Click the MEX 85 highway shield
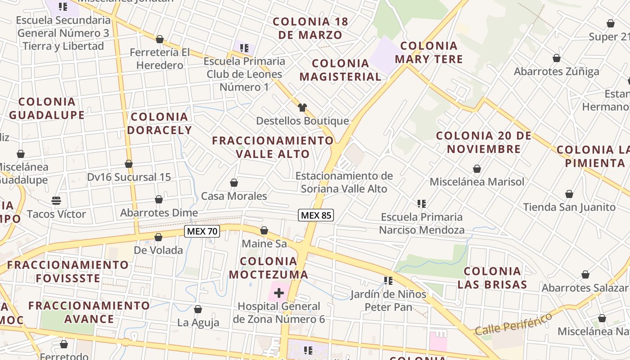coord(316,215)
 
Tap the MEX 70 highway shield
coord(202,231)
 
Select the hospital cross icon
coord(279,293)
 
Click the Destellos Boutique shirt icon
coord(302,107)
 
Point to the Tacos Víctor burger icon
coord(56,200)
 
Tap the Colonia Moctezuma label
coord(268,268)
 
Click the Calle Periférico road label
coord(513,324)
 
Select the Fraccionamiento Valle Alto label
coord(273,147)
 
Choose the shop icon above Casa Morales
coord(234,183)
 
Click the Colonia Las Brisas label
coord(492,278)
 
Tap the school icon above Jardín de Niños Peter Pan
coord(388,281)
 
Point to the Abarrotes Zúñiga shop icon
coord(557,58)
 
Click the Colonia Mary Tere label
coord(428,52)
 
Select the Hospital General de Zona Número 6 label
coord(279,313)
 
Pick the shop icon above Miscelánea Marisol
coord(477,169)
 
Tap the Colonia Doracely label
coord(159,123)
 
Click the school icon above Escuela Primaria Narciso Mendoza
coord(422,204)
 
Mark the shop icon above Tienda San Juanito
coord(569,194)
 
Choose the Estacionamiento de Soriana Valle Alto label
coord(344,182)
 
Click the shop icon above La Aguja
coord(198,309)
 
